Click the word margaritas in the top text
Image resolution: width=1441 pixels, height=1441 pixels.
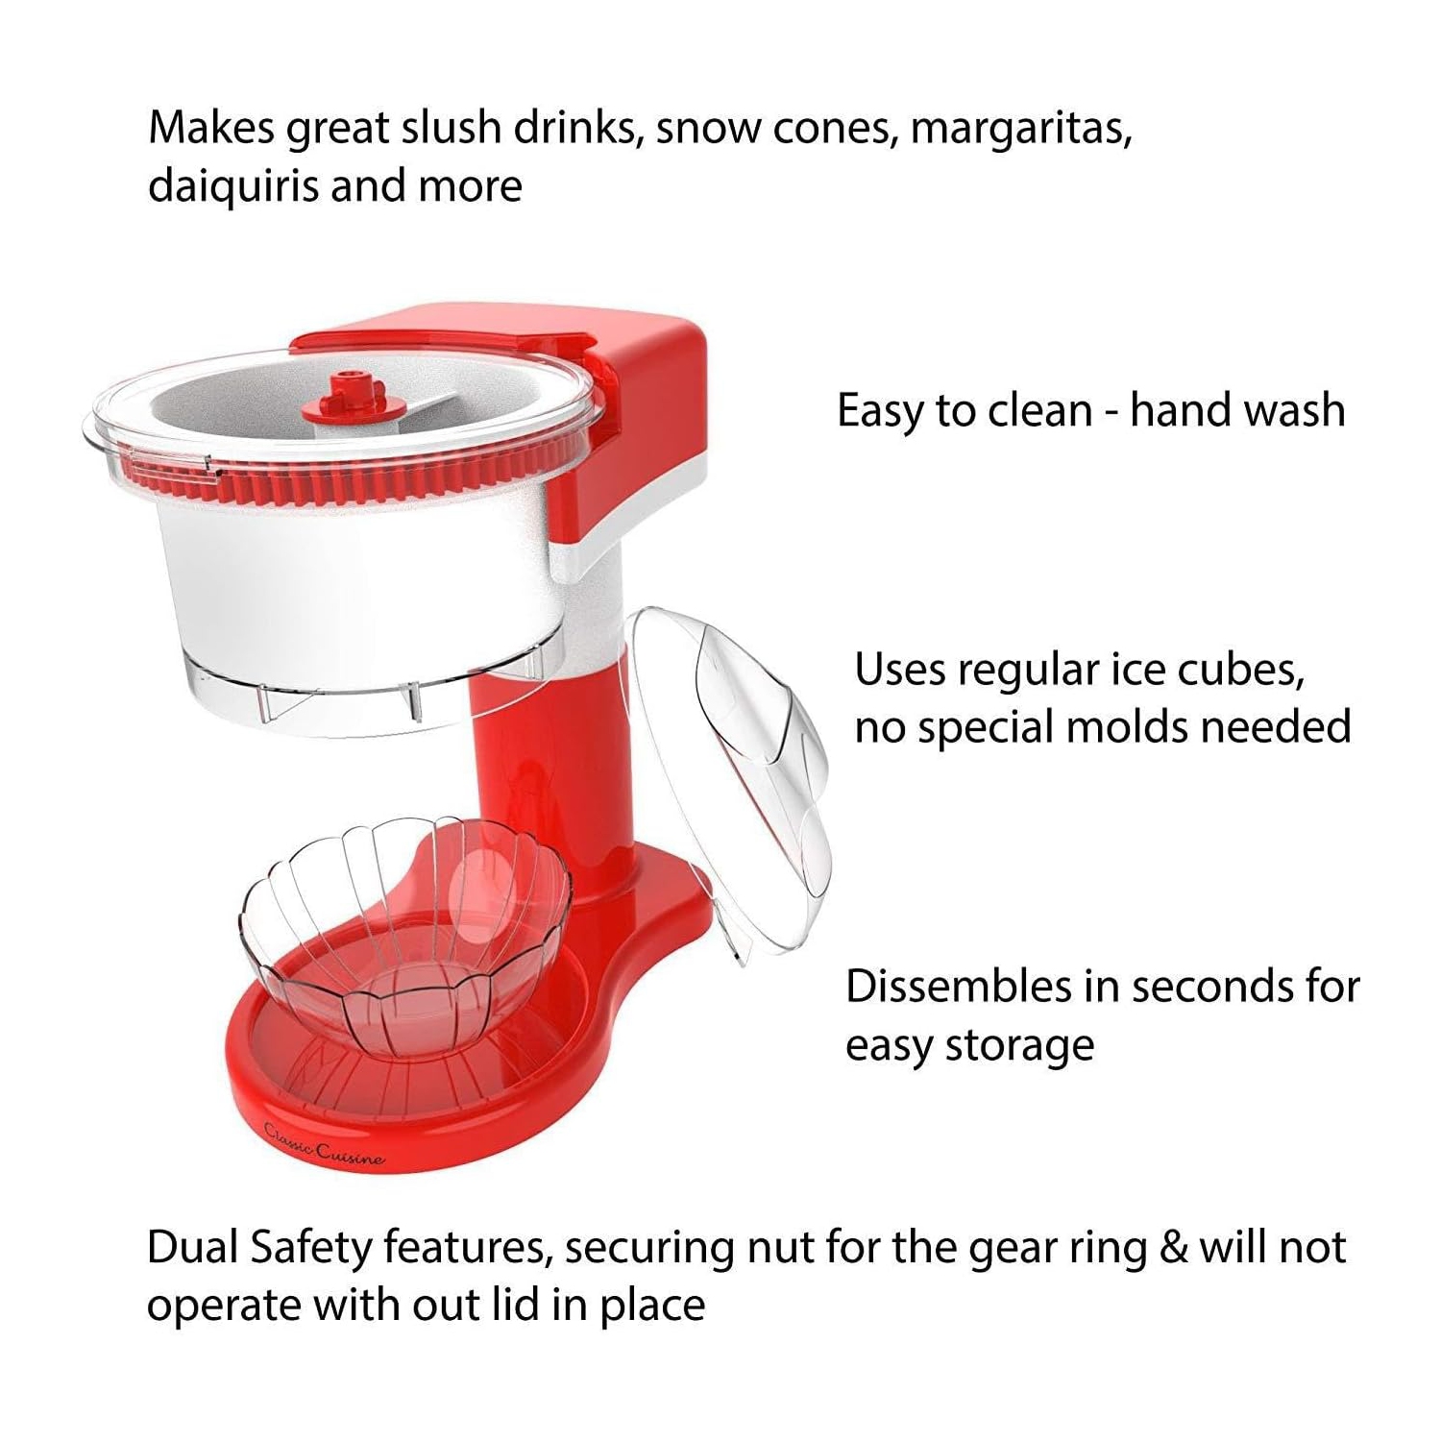coord(1020,129)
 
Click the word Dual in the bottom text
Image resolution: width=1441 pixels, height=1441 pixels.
coord(192,1248)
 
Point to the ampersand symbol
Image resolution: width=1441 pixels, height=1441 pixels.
coord(1170,1248)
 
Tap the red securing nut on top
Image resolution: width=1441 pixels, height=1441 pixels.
coord(341,400)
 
